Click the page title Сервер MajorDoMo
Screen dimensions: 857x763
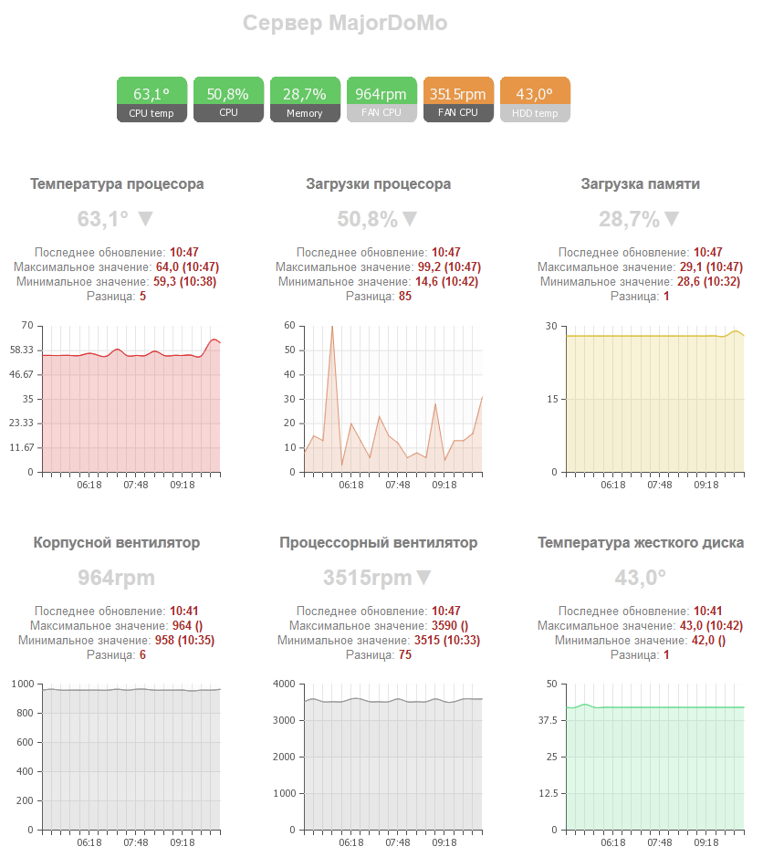pyautogui.click(x=345, y=24)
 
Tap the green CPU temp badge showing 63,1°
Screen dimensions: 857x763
pyautogui.click(x=152, y=99)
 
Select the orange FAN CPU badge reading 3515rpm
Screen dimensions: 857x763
pyautogui.click(x=458, y=99)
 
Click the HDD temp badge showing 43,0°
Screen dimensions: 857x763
pyautogui.click(x=535, y=99)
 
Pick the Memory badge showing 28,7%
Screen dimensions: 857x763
pyautogui.click(x=305, y=99)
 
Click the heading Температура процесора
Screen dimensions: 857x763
pyautogui.click(x=117, y=184)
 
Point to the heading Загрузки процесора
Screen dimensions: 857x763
pyautogui.click(x=379, y=184)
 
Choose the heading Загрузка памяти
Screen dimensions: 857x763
pyautogui.click(x=641, y=184)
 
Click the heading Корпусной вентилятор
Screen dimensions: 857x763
pyautogui.click(x=117, y=543)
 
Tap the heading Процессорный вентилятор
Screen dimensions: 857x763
pyautogui.click(x=379, y=543)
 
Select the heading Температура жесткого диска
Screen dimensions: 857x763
pyautogui.click(x=641, y=543)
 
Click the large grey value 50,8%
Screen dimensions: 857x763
pyautogui.click(x=368, y=219)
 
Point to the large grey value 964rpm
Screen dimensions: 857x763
pyautogui.click(x=117, y=578)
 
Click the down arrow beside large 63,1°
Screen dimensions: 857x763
pyautogui.click(x=144, y=219)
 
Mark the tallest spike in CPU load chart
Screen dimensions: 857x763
pyautogui.click(x=332, y=327)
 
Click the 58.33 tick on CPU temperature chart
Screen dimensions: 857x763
pyautogui.click(x=21, y=350)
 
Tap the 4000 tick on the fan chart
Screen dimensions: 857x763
pyautogui.click(x=283, y=685)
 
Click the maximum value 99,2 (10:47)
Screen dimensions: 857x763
pyautogui.click(x=447, y=267)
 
